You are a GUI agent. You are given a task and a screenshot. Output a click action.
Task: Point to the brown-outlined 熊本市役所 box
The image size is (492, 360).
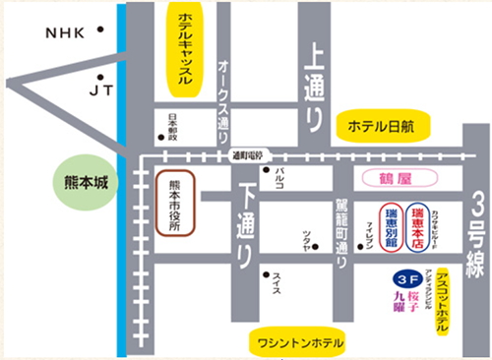tap(176, 204)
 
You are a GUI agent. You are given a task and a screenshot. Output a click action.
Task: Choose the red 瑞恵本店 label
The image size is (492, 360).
tap(418, 228)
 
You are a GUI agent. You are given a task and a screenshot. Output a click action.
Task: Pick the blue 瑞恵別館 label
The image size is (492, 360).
tap(391, 228)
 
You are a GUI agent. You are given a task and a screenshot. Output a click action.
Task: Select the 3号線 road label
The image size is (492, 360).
tap(476, 232)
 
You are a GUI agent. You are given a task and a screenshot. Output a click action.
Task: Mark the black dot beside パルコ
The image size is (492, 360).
tap(266, 169)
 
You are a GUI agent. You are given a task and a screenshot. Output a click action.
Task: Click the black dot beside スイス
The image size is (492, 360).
tap(265, 276)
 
